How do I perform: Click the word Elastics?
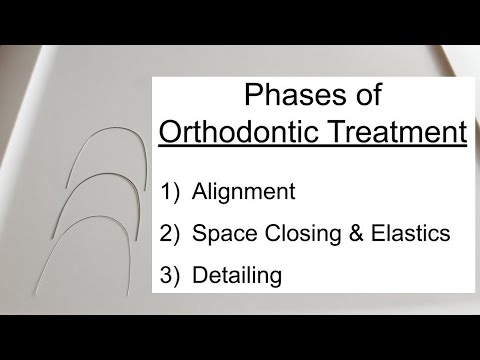(x=413, y=233)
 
